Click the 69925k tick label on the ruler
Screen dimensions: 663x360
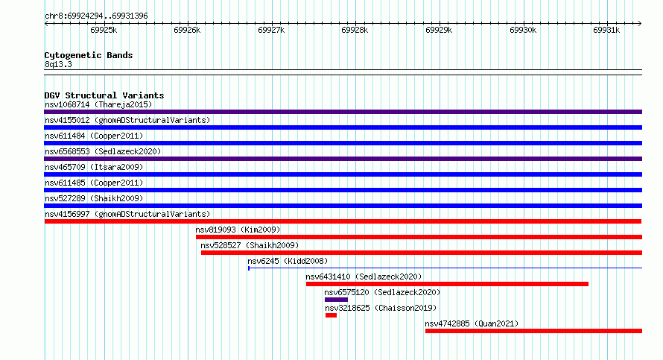pos(104,30)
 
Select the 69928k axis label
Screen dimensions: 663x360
pos(355,30)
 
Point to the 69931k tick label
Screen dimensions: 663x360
pos(606,30)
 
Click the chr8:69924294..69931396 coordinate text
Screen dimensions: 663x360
pos(96,16)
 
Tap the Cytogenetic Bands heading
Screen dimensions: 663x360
pos(89,55)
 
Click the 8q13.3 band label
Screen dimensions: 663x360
pos(58,64)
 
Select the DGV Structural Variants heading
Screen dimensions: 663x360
pos(104,95)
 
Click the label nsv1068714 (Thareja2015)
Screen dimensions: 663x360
pos(98,104)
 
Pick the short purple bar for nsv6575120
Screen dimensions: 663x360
pos(336,300)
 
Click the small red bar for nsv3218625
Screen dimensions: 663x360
pos(331,315)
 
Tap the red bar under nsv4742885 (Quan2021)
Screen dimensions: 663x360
pos(533,331)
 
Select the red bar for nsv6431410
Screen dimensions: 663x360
pos(448,284)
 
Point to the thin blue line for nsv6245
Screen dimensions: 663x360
pos(445,268)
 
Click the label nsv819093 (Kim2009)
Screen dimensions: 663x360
pos(238,230)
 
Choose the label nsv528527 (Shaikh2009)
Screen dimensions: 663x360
pos(250,245)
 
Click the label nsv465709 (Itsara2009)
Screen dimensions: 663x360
pos(94,167)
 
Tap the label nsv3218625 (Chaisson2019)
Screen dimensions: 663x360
pos(381,308)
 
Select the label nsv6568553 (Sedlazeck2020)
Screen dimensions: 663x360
pos(103,151)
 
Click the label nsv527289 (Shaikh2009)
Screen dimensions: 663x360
pos(94,198)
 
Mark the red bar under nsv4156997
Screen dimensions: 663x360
pos(343,221)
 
